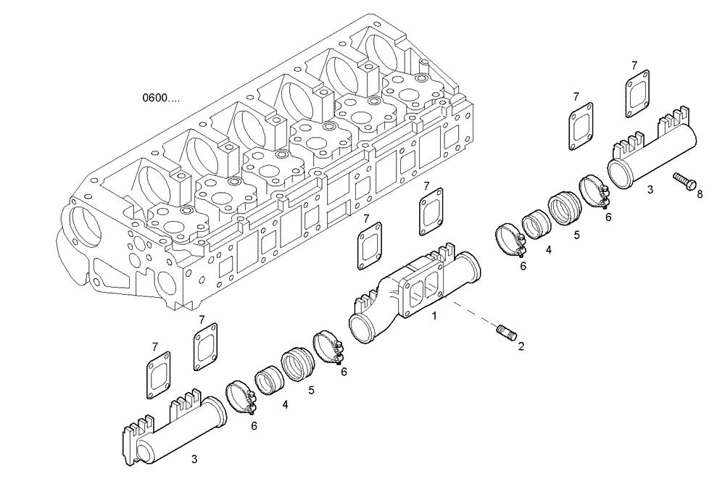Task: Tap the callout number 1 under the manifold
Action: point(434,316)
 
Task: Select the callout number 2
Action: point(521,346)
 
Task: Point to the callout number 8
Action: point(699,193)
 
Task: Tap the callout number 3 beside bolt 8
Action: point(650,190)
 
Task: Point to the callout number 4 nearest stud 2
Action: point(548,250)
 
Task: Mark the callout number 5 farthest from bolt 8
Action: point(311,390)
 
